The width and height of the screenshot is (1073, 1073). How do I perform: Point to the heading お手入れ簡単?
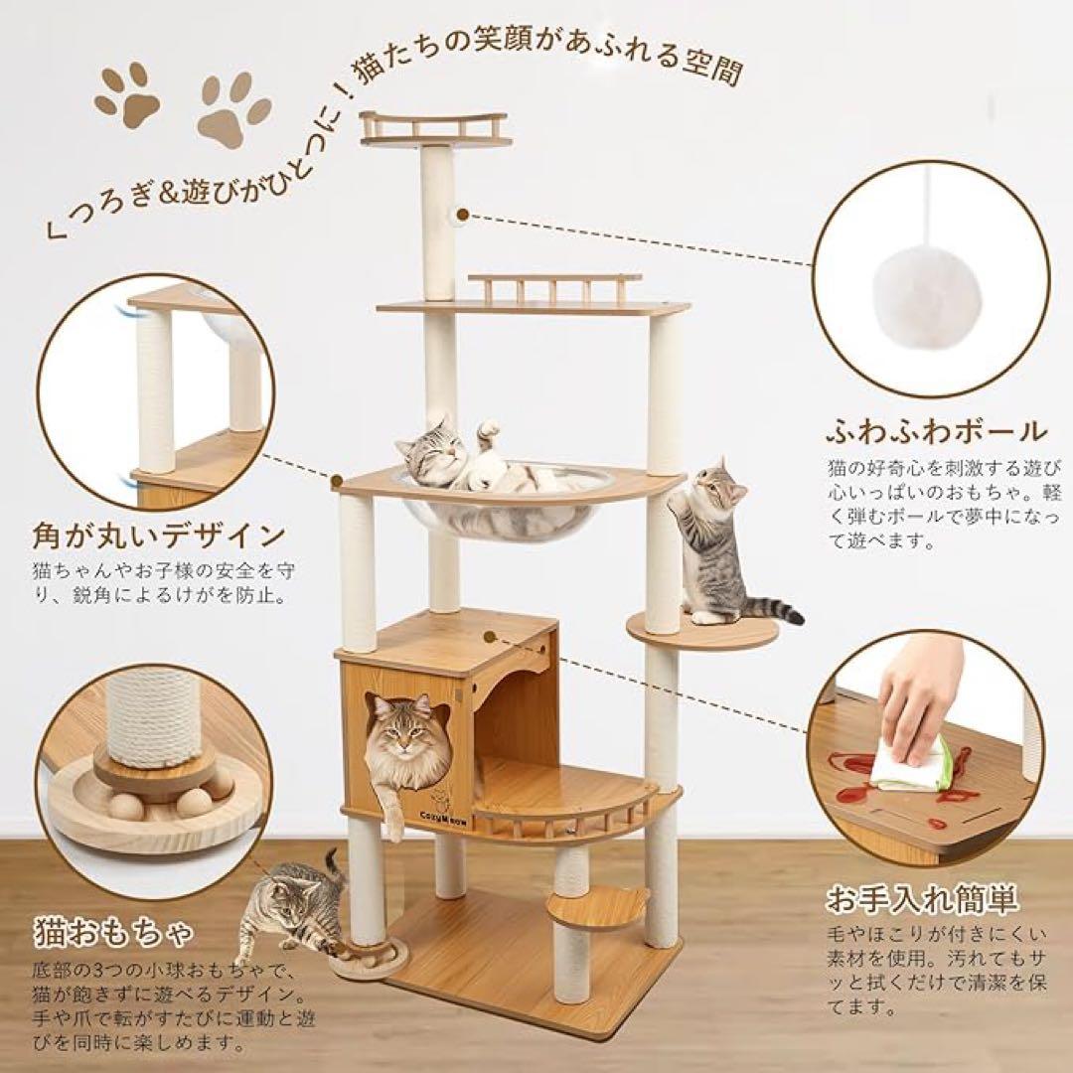tap(923, 901)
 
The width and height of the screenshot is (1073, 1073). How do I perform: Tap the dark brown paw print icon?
tap(126, 93)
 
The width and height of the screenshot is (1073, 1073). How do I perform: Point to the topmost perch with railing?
tap(435, 129)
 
